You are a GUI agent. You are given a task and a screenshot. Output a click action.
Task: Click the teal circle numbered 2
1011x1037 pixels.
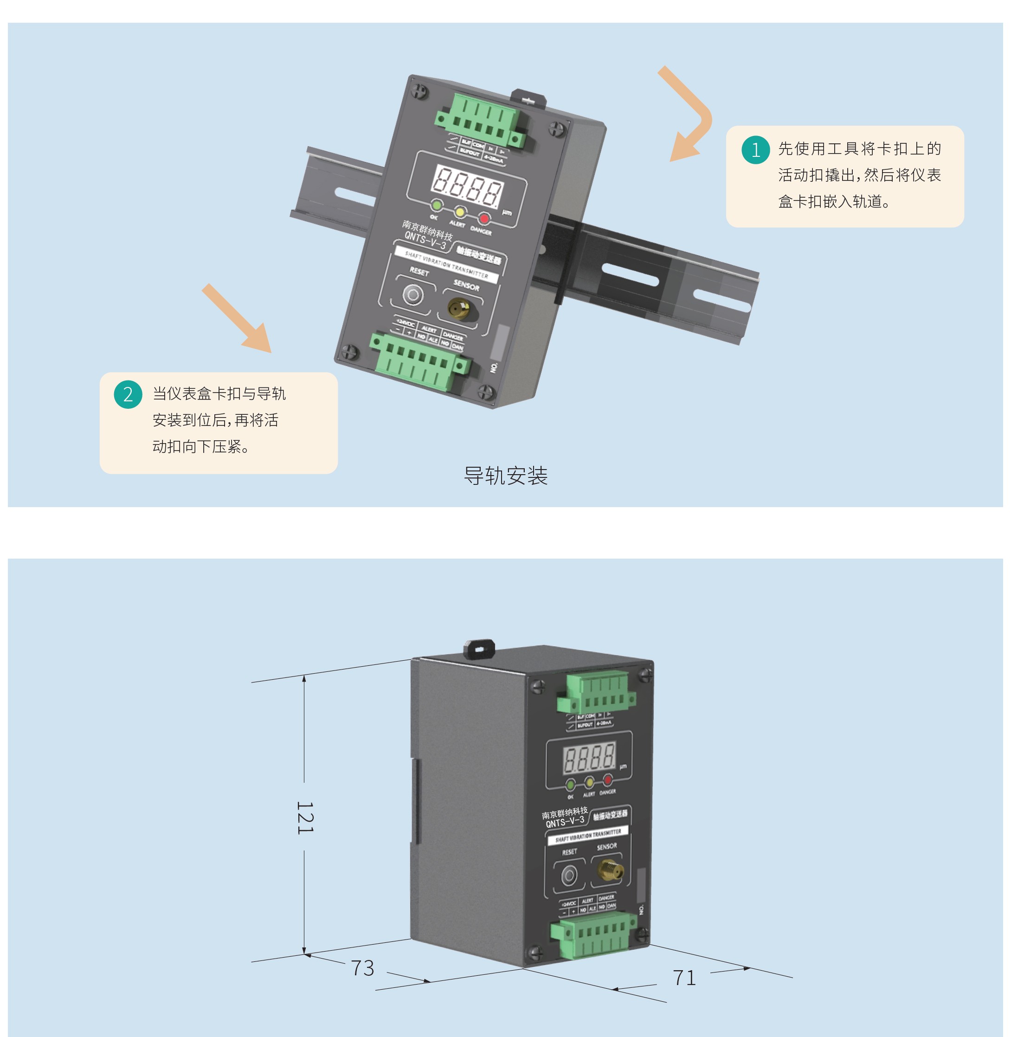coord(128,394)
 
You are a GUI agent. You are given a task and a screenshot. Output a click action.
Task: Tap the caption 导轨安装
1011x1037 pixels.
coord(506,476)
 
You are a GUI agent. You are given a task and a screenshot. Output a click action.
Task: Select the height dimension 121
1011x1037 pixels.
coord(305,817)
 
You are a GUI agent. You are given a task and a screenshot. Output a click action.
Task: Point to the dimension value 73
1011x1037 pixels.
coord(363,968)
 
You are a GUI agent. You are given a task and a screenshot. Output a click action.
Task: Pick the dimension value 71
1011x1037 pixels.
coord(684,978)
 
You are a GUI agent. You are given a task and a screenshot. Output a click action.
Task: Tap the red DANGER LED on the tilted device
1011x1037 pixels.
coord(484,218)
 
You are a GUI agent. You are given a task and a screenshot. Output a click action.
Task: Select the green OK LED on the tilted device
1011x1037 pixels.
coord(437,205)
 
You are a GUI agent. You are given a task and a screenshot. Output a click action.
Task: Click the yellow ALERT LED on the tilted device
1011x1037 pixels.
coord(460,212)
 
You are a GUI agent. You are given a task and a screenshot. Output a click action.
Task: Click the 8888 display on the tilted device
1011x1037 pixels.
coord(467,186)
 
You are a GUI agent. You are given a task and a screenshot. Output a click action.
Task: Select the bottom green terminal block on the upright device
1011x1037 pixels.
coord(592,936)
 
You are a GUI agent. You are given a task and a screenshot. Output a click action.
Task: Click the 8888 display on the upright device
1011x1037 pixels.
coord(589,756)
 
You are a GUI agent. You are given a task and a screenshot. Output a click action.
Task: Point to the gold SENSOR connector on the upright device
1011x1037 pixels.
coord(609,870)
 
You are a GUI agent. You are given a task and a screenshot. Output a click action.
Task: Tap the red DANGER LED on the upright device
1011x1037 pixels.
coord(608,779)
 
